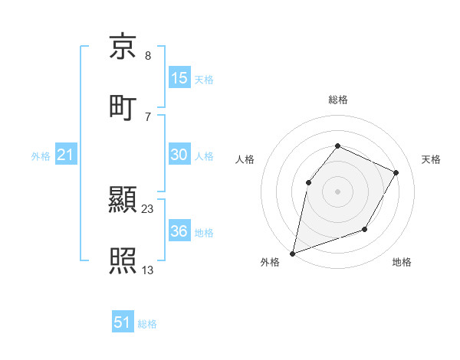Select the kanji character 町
pyautogui.click(x=123, y=106)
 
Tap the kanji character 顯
pyautogui.click(x=123, y=201)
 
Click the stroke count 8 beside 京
pyautogui.click(x=147, y=56)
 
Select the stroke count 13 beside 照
pyautogui.click(x=148, y=270)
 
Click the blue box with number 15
pyautogui.click(x=179, y=78)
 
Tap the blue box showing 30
pyautogui.click(x=179, y=155)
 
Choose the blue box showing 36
pyautogui.click(x=179, y=231)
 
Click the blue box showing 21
pyautogui.click(x=66, y=155)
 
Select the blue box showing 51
pyautogui.click(x=123, y=322)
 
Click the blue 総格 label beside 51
pyautogui.click(x=147, y=324)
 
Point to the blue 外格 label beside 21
pyautogui.click(x=41, y=156)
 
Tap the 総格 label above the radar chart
pyautogui.click(x=337, y=100)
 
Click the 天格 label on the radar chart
pyautogui.click(x=431, y=159)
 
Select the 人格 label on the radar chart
pyautogui.click(x=245, y=159)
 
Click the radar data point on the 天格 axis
pyautogui.click(x=396, y=172)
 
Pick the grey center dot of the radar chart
pyautogui.click(x=337, y=191)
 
